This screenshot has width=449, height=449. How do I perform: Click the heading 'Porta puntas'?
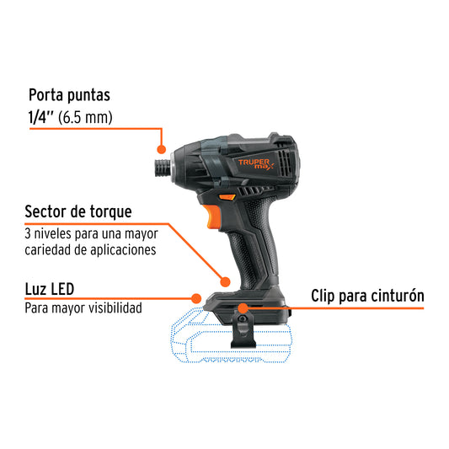[70, 95]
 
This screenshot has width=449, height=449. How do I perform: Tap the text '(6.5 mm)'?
[89, 117]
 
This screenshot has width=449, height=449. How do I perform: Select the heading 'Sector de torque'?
[78, 211]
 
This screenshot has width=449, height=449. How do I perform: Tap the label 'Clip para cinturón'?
[367, 296]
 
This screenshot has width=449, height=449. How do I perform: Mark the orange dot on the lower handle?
[225, 281]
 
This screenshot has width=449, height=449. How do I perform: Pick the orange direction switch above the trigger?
[227, 197]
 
